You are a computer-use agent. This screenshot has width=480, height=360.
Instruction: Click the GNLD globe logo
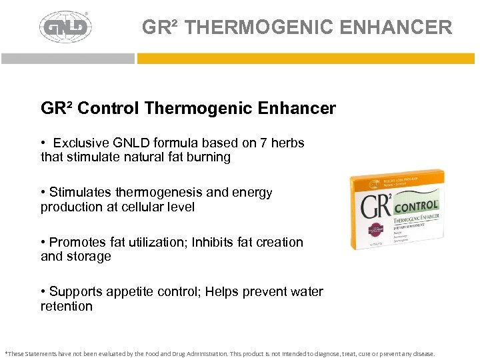[65, 27]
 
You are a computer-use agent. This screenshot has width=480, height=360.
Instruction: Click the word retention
[67, 306]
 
